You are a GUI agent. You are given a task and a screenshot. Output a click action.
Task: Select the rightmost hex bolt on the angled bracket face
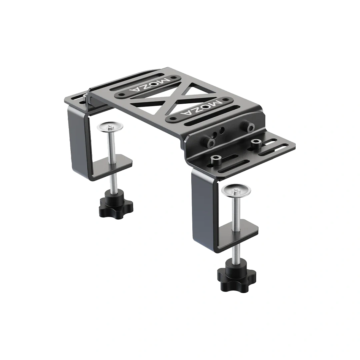[x=248, y=127]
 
